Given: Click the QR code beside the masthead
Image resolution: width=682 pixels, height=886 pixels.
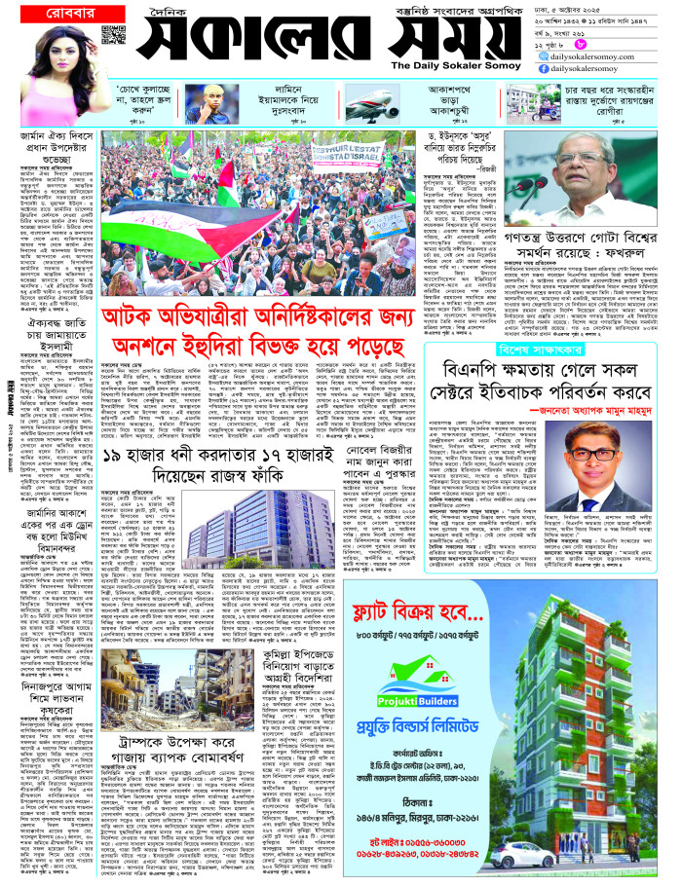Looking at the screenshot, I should [x=113, y=36].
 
